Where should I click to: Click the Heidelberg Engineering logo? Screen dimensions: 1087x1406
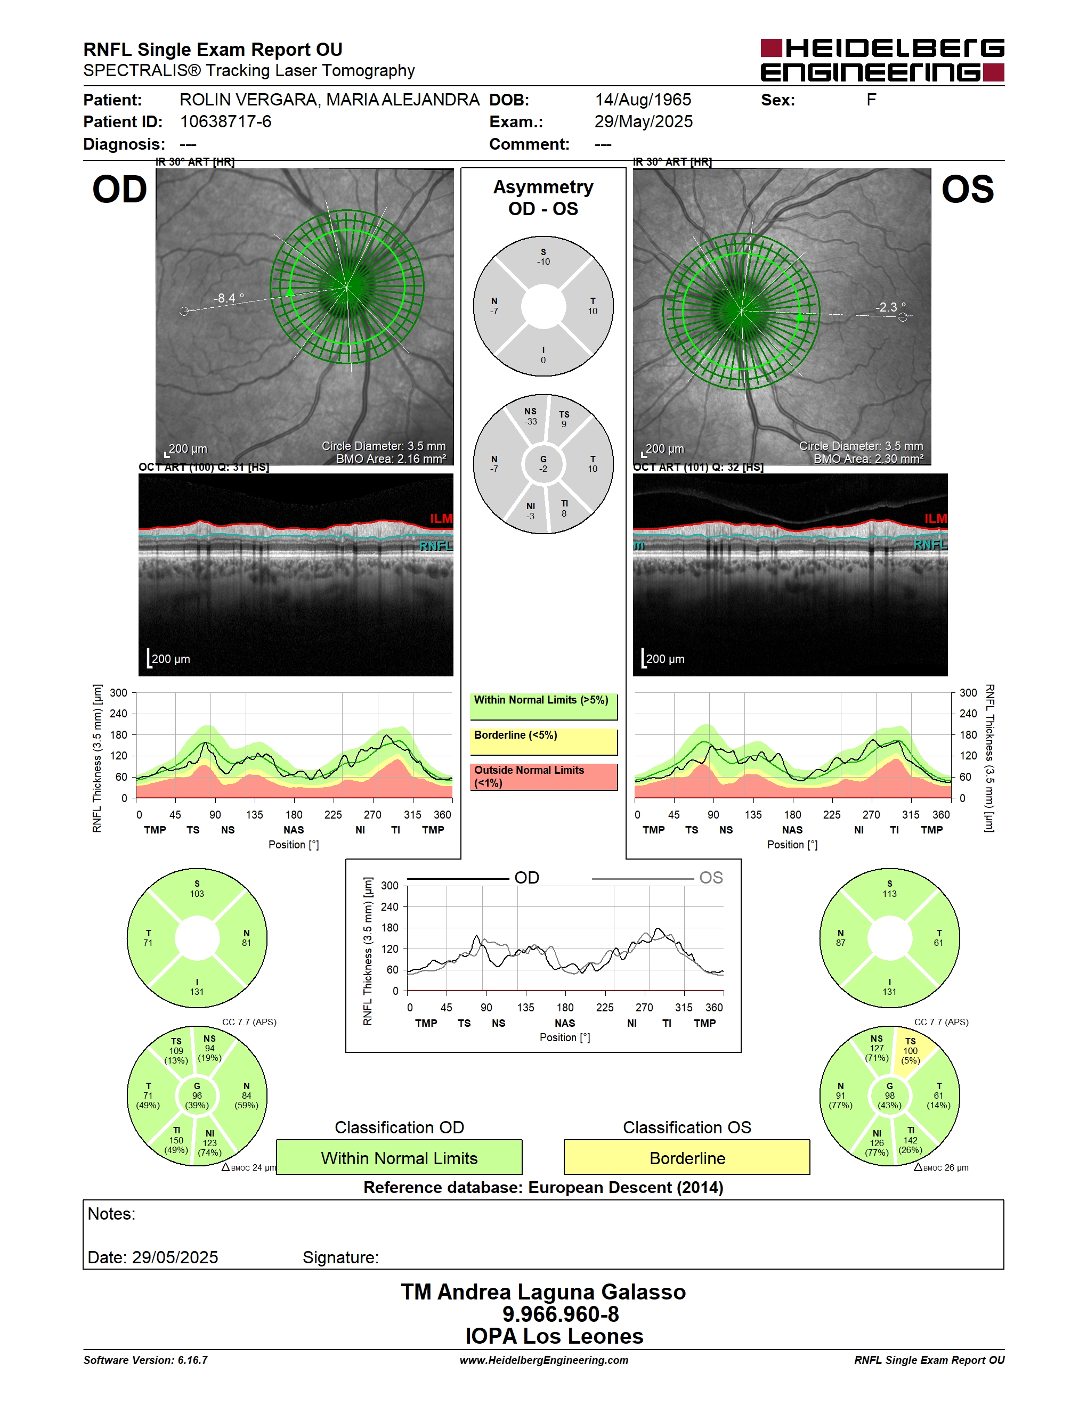point(882,60)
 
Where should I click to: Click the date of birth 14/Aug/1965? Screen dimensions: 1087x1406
point(643,100)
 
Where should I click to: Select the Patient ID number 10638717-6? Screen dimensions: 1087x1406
point(225,121)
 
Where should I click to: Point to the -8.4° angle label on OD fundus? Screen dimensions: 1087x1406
point(229,298)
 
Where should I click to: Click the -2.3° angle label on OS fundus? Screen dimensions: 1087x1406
point(890,307)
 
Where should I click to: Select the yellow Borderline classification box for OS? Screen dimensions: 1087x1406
point(687,1157)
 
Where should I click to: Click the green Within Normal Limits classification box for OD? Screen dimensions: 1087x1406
point(399,1157)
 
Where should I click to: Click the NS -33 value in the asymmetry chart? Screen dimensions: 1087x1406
point(530,416)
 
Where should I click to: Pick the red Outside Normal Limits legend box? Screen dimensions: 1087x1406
point(543,777)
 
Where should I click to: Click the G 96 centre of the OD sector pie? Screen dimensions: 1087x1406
point(197,1096)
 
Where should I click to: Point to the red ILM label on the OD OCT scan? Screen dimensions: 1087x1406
point(441,518)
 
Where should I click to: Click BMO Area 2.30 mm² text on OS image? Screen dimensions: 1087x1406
point(868,459)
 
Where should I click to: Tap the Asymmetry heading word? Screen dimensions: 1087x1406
point(543,187)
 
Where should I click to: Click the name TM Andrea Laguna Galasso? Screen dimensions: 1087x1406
point(543,1292)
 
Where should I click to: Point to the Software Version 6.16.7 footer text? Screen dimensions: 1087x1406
point(145,1360)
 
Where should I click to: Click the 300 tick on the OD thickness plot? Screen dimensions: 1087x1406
point(118,693)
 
